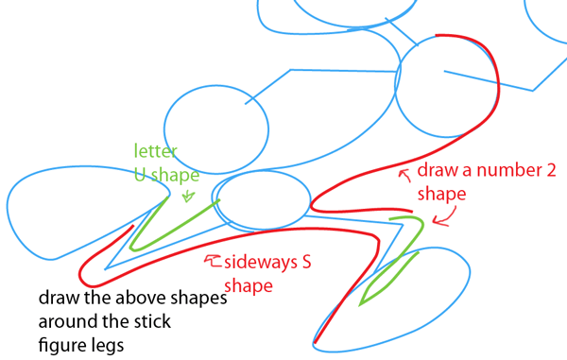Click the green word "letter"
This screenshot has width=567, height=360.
[x=153, y=150]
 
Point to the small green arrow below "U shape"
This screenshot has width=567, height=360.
[x=186, y=197]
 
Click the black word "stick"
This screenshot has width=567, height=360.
[x=153, y=322]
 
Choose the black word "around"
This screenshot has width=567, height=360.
[x=62, y=322]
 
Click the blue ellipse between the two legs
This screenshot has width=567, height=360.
[x=265, y=199]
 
